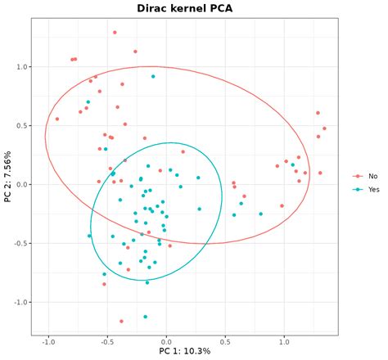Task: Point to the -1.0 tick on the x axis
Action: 48,340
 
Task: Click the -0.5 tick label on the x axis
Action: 107,340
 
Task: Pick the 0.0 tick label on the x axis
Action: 166,340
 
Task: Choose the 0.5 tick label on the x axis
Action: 225,340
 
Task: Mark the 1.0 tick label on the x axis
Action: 284,340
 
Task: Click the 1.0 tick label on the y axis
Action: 19,67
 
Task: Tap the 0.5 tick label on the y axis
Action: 19,126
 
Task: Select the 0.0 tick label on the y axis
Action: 19,185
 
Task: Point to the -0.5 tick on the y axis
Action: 17,244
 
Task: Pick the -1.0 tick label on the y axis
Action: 17,303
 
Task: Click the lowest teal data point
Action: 146,317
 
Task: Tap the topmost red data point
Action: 115,32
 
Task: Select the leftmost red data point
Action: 57,119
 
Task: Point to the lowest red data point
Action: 121,321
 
